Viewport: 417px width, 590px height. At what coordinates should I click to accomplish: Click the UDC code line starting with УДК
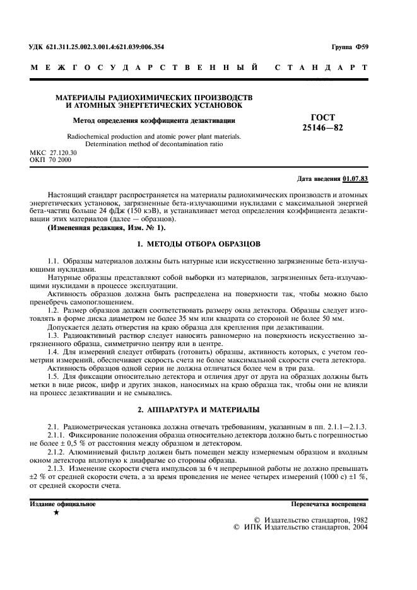click(x=97, y=47)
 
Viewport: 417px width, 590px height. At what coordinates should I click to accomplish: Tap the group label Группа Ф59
click(x=351, y=47)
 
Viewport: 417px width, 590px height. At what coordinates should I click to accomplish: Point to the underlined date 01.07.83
click(x=356, y=179)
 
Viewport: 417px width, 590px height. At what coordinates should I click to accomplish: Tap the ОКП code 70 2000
click(x=61, y=160)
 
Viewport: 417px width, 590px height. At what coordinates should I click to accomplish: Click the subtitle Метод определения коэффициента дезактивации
click(x=154, y=119)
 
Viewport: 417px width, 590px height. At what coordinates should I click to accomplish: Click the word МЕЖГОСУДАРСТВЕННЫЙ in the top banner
click(x=144, y=67)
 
